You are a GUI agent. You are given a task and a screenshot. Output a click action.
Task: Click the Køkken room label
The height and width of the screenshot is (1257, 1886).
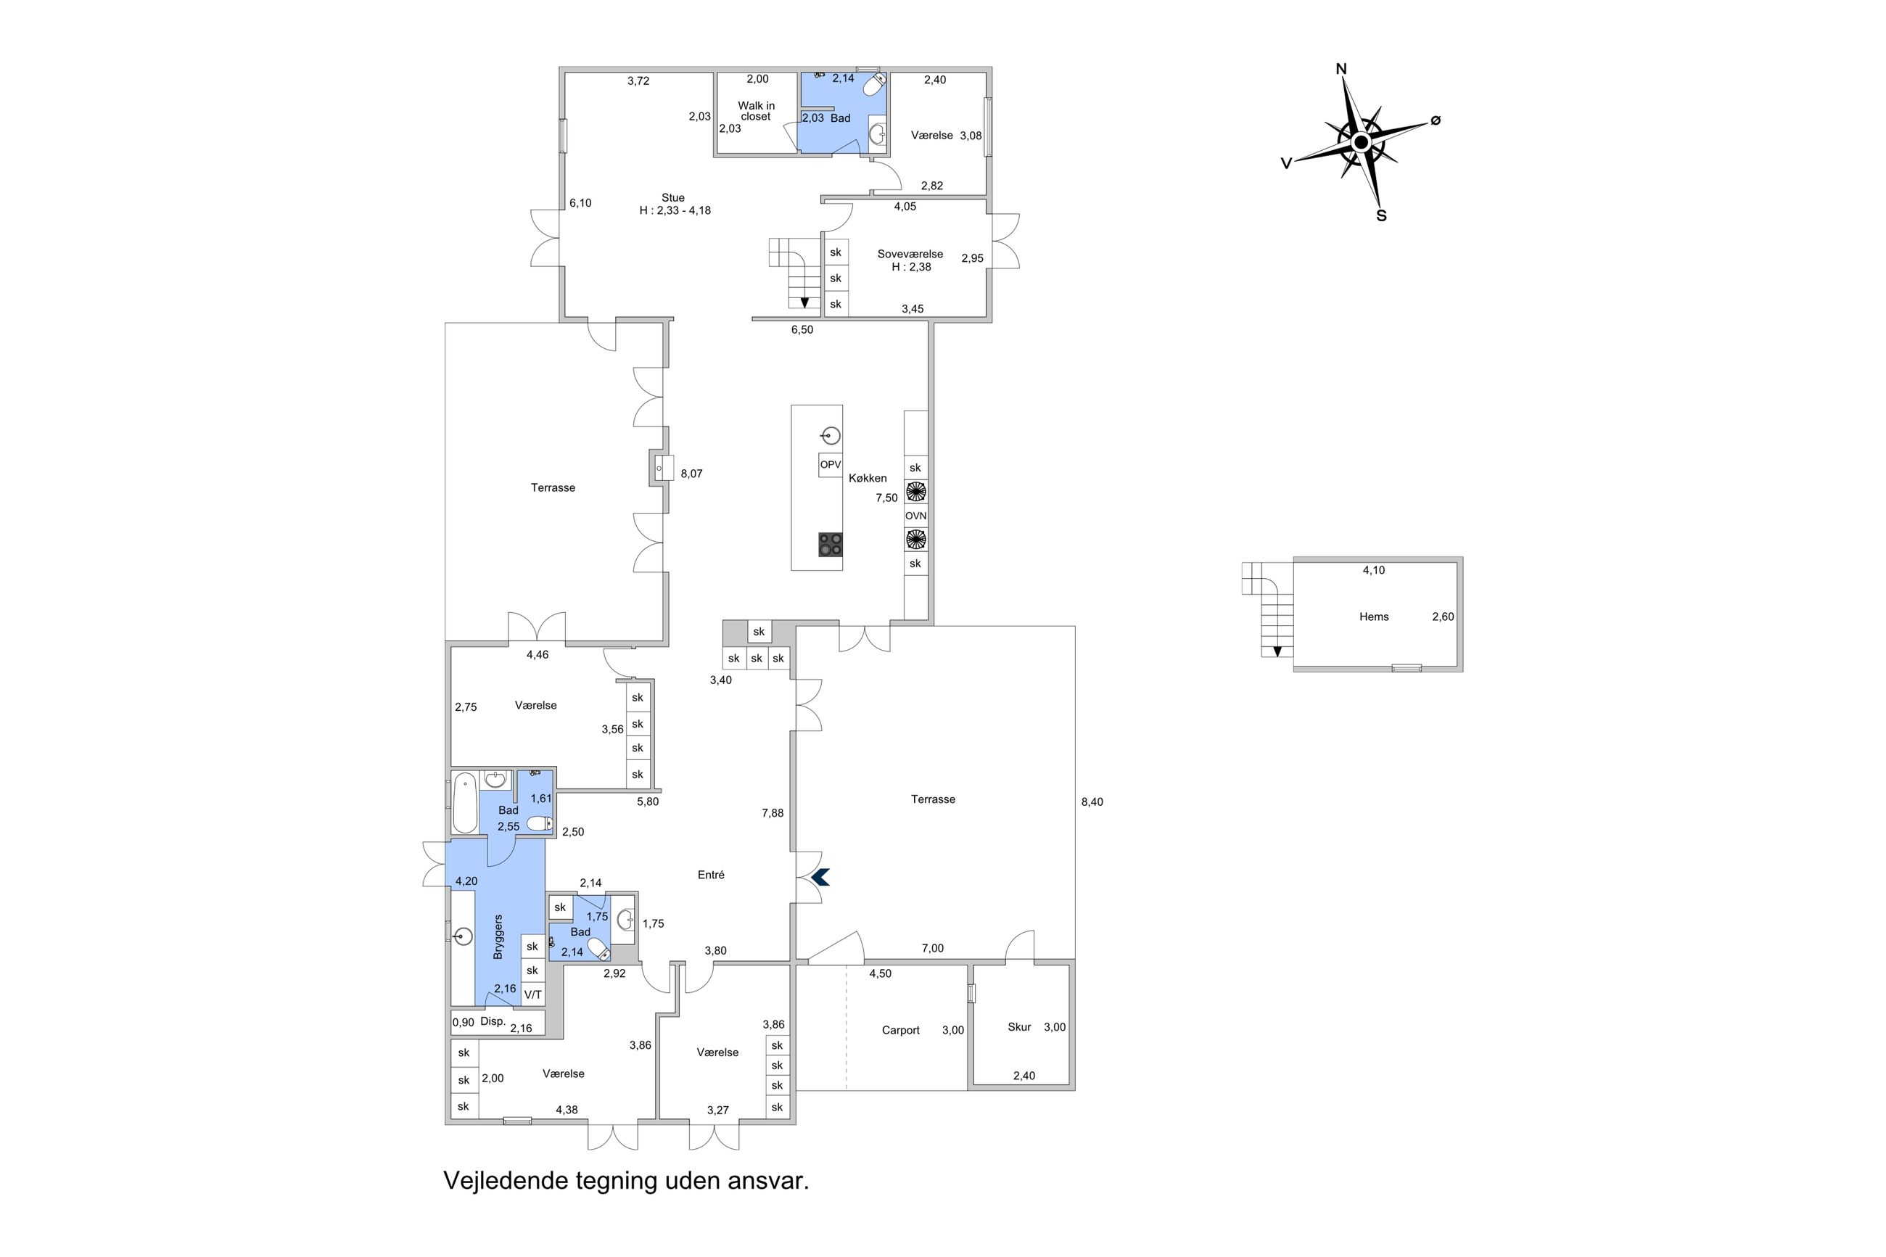tap(868, 478)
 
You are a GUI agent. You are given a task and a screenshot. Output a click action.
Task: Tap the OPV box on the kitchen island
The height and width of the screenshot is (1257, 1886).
tap(831, 464)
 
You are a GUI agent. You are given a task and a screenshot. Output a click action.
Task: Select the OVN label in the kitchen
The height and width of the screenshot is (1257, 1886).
tap(915, 516)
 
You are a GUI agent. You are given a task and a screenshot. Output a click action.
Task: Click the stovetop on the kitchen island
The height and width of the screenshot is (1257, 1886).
tap(831, 544)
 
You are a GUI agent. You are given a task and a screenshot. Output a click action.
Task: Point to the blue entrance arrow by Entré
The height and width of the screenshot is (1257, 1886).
tap(820, 878)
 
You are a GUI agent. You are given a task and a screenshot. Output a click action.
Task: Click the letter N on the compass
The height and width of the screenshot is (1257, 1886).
tap(1341, 70)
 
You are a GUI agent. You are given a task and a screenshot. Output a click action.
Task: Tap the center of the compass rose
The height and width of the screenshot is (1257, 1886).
tap(1361, 143)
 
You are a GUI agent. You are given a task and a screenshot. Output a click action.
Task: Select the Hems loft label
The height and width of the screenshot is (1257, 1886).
tap(1374, 617)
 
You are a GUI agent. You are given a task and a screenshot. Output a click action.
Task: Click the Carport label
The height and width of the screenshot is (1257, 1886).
tap(900, 1030)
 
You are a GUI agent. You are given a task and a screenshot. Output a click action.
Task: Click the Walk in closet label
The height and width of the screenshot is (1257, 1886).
tap(756, 111)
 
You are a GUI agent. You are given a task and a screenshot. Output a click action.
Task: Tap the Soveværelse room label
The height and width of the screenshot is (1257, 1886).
tap(910, 254)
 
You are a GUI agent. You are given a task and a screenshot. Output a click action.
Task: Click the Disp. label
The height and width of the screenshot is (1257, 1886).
tap(493, 1021)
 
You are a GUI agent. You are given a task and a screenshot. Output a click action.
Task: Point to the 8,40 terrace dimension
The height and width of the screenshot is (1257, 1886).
tap(1092, 801)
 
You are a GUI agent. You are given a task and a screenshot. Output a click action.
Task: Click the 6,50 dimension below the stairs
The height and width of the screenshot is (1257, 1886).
tap(802, 329)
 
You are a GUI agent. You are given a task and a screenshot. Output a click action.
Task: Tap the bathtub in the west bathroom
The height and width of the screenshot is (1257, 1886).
tap(465, 802)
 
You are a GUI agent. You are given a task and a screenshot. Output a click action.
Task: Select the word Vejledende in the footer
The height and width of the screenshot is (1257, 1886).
tap(506, 1181)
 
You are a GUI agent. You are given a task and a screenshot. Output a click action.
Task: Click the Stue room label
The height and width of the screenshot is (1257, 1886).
tap(673, 198)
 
